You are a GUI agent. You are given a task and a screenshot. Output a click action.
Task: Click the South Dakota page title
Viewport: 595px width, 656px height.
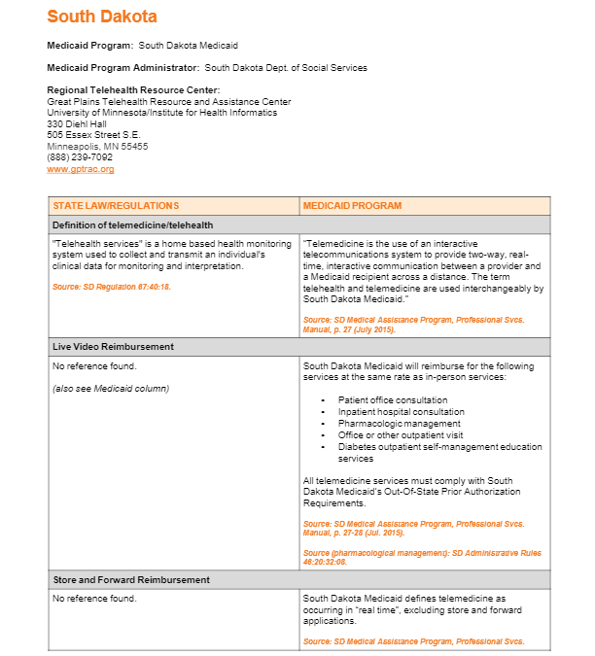pyautogui.click(x=101, y=17)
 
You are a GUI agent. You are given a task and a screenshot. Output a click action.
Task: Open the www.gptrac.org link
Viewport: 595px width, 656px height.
pyautogui.click(x=81, y=169)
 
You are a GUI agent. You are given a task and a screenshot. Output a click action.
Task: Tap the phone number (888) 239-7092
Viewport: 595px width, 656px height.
pyautogui.click(x=80, y=156)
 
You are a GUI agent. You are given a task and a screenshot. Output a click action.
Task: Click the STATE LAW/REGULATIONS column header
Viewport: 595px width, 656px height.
pyautogui.click(x=116, y=206)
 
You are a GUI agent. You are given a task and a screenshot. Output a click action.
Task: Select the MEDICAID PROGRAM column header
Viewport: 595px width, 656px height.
pyautogui.click(x=352, y=206)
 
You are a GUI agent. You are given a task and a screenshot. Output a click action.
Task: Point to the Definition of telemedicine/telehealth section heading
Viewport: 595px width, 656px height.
pyautogui.click(x=132, y=225)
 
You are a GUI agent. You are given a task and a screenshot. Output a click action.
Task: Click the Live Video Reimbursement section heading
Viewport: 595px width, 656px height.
pyautogui.click(x=113, y=346)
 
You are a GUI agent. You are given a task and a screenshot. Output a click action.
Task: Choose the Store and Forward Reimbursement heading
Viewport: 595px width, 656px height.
pyautogui.click(x=131, y=580)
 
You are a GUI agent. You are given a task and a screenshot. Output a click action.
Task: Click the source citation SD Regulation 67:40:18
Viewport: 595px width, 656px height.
pyautogui.click(x=112, y=287)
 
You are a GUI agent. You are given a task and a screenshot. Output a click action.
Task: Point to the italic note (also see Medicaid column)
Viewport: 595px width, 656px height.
pyautogui.click(x=111, y=389)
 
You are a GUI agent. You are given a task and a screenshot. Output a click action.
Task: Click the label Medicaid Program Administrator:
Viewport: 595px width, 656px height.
pyautogui.click(x=122, y=68)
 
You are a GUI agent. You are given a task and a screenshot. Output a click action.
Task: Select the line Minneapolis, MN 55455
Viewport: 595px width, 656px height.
pyautogui.click(x=97, y=146)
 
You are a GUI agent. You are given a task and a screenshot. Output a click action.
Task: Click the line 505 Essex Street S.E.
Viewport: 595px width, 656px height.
pyautogui.click(x=93, y=134)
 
